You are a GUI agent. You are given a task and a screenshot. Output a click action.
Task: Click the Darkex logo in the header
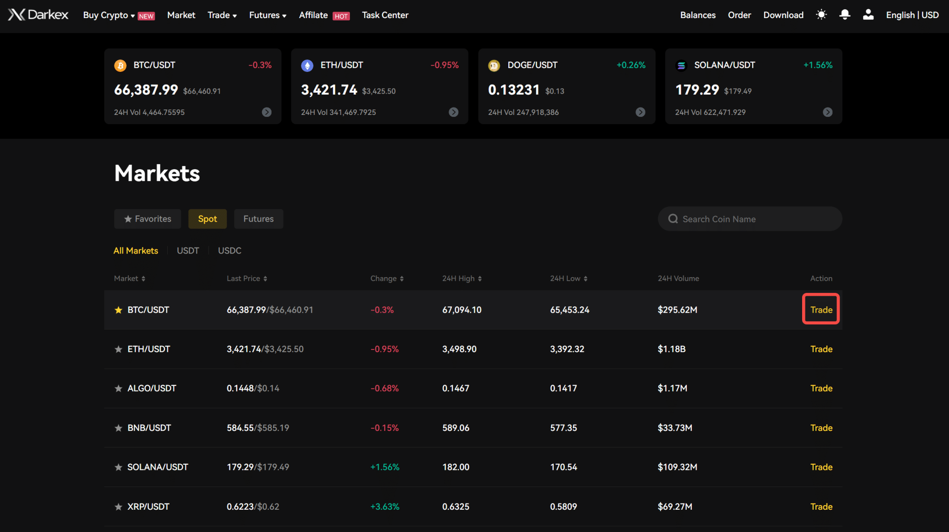point(38,15)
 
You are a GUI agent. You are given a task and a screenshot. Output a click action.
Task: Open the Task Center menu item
point(385,15)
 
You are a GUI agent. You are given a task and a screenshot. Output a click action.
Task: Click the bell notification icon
point(844,15)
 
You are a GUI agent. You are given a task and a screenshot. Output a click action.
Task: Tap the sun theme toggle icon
point(821,15)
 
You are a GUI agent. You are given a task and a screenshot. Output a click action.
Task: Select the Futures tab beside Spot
point(258,219)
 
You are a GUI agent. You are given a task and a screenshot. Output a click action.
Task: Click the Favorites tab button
point(147,219)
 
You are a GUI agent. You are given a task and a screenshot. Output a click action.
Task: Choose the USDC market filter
point(229,251)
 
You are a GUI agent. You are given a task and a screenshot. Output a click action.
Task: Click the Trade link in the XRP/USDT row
point(821,507)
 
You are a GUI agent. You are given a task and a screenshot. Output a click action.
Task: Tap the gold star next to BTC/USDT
point(119,310)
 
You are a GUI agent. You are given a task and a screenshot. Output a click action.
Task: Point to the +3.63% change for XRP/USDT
point(385,507)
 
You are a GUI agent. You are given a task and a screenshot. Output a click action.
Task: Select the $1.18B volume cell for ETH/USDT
point(671,349)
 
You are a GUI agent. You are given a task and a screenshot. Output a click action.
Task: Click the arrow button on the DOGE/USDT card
point(640,112)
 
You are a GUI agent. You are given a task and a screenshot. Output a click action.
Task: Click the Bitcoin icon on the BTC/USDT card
point(120,65)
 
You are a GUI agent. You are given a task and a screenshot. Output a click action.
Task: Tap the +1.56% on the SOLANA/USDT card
point(817,65)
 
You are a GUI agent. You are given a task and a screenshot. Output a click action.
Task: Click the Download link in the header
point(783,15)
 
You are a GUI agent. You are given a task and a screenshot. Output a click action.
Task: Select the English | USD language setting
point(912,15)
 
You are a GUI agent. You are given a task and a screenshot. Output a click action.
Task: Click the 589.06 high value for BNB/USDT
point(456,428)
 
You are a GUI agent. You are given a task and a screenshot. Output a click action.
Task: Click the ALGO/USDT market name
point(152,388)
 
